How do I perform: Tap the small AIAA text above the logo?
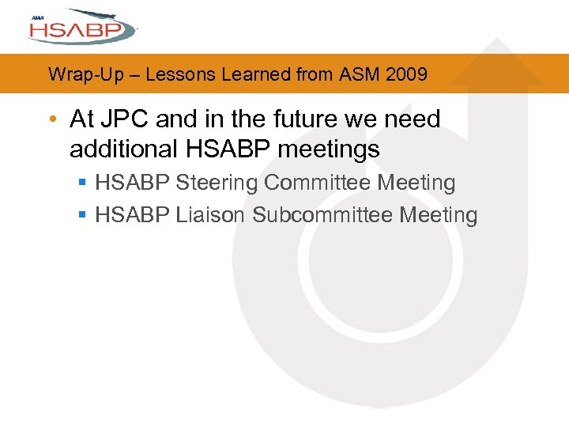(x=37, y=17)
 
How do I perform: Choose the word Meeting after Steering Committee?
(x=416, y=183)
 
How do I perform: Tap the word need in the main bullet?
(x=412, y=119)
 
